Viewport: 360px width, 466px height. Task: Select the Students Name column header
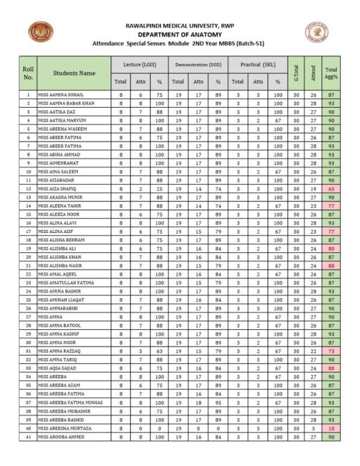(x=75, y=73)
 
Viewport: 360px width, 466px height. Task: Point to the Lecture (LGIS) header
(x=140, y=64)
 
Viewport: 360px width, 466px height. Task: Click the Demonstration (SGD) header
(x=198, y=64)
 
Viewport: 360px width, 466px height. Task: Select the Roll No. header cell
(x=28, y=73)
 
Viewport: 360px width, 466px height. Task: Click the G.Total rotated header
(x=297, y=73)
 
